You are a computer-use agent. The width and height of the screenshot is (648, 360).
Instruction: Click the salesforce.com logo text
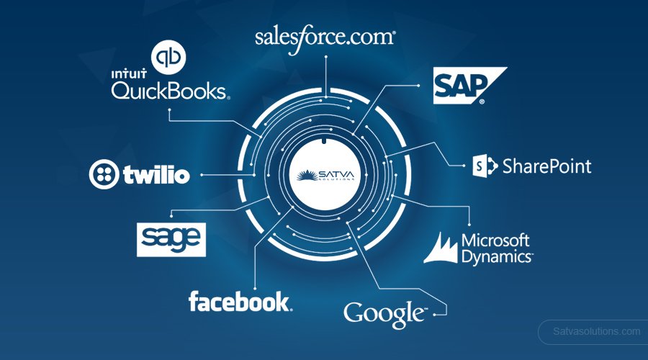325,37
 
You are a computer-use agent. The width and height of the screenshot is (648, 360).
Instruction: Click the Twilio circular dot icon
104,174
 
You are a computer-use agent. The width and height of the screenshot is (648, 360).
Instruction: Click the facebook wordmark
240,301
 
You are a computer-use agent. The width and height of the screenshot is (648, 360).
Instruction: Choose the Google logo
384,314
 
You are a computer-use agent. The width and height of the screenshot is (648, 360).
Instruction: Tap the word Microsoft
495,240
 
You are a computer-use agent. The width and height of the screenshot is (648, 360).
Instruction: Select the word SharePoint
547,167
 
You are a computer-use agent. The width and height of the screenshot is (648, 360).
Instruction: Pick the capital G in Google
355,314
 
